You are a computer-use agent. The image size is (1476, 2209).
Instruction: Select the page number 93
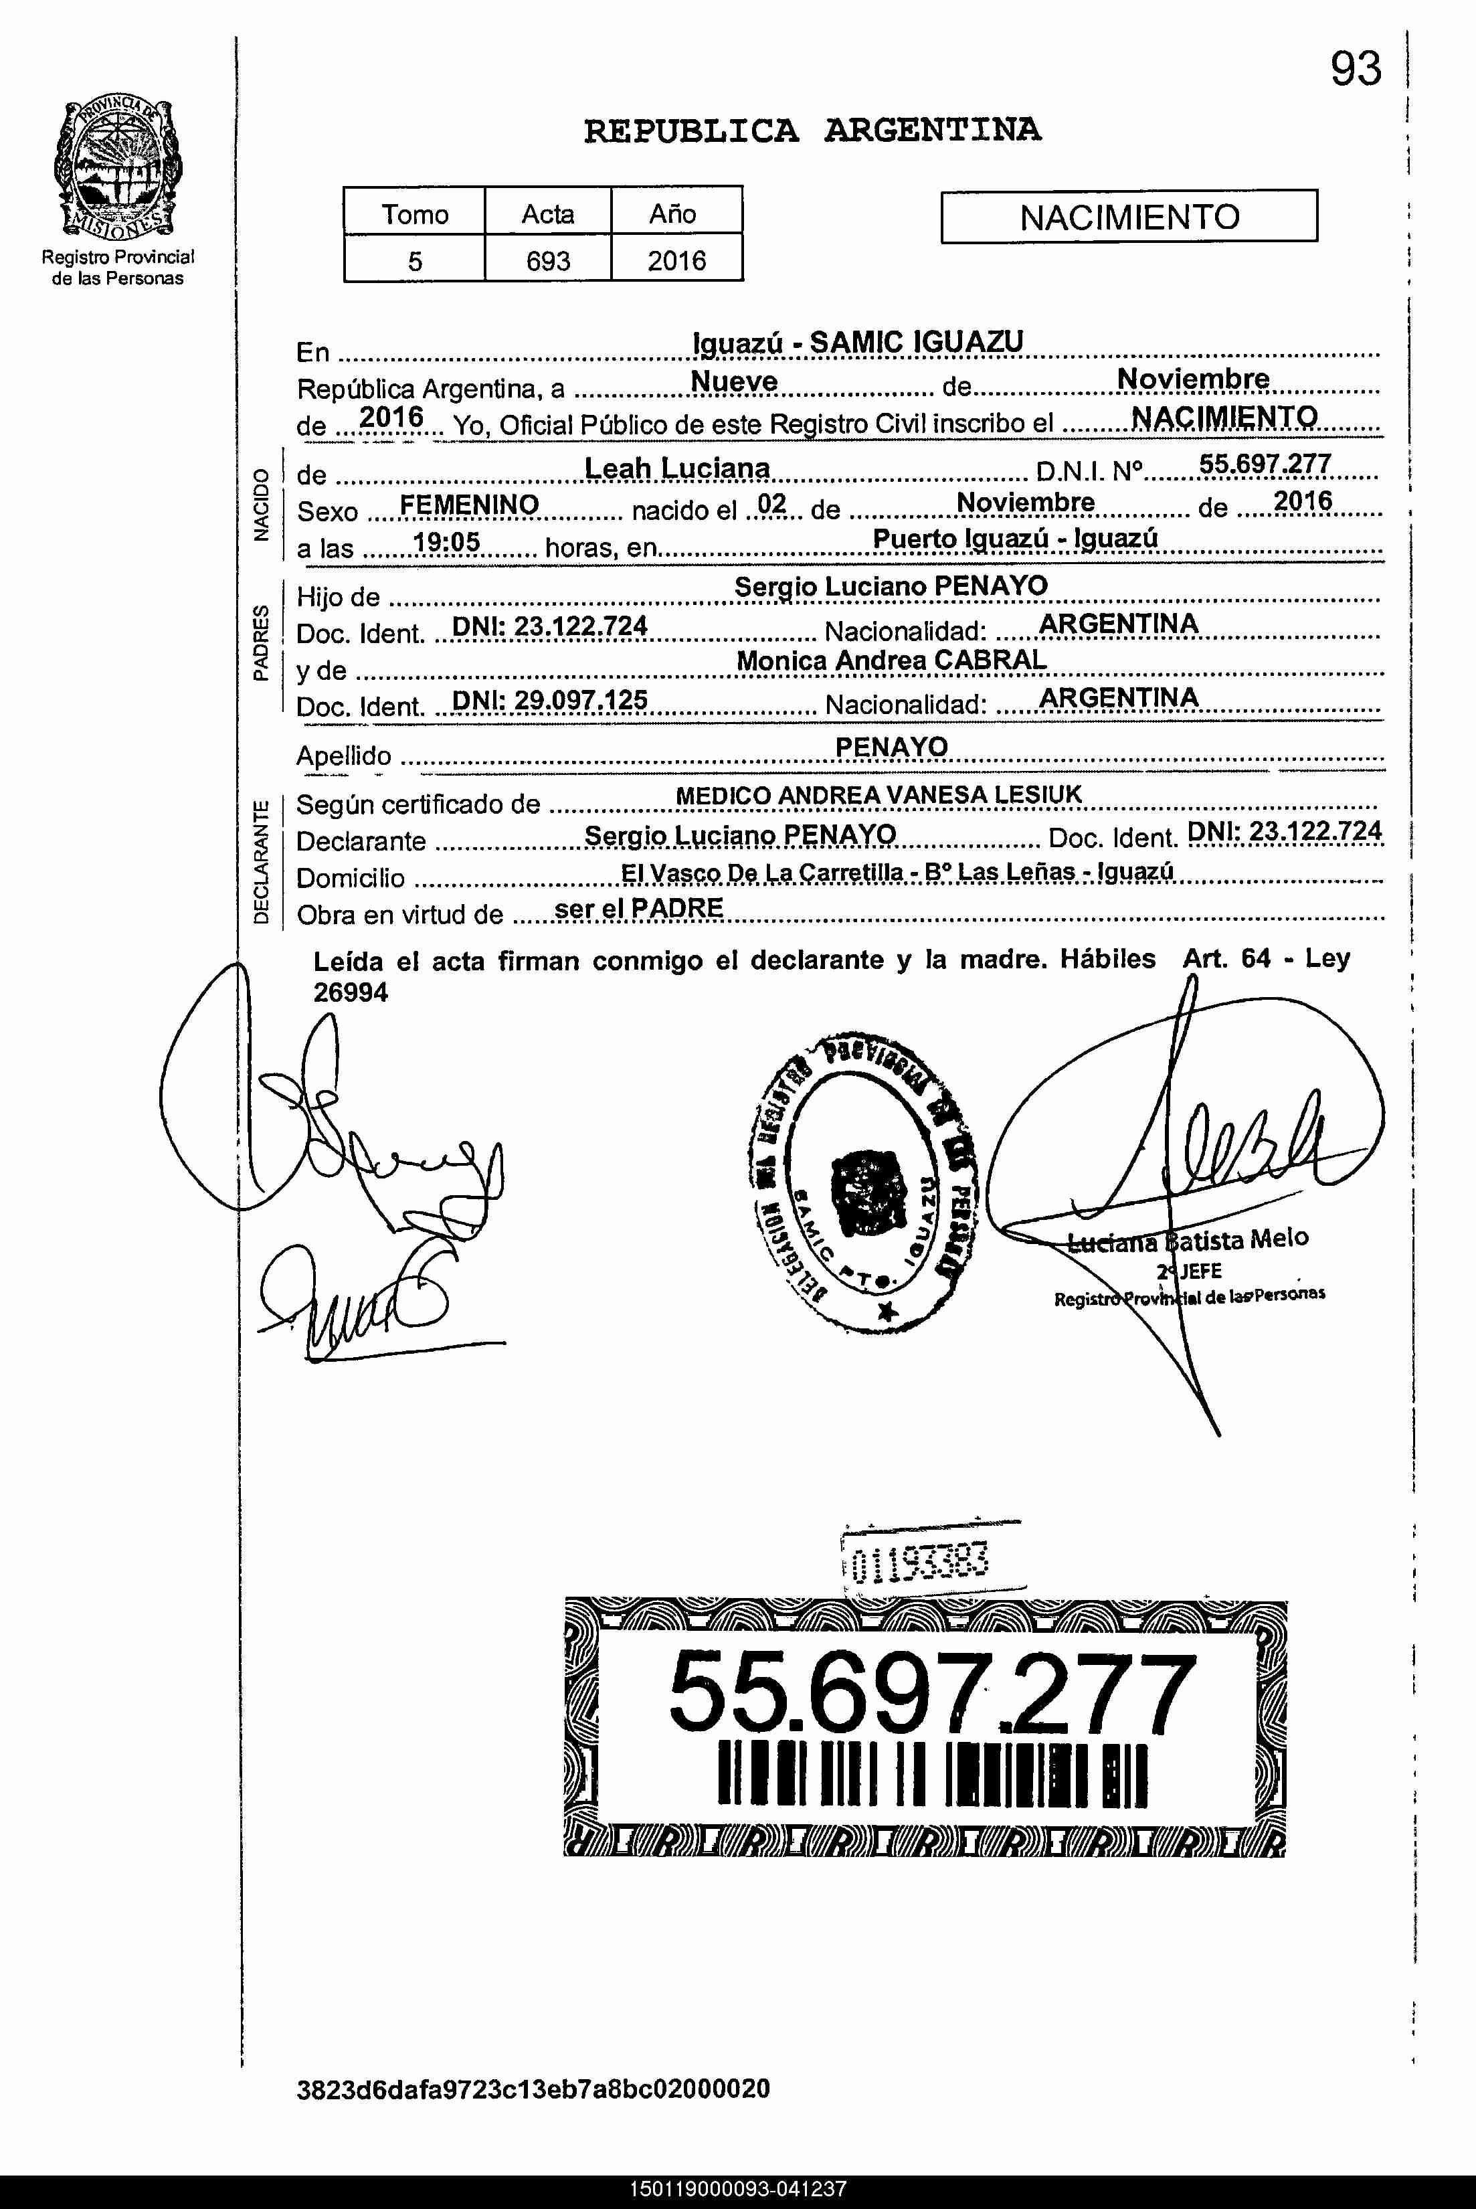(1355, 69)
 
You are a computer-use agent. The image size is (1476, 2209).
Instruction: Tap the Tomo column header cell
(414, 213)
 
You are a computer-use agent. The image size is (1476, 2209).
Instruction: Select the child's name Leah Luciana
(677, 468)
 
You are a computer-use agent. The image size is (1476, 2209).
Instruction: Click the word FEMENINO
(469, 505)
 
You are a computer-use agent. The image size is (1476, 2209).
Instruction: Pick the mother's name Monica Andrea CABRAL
(891, 660)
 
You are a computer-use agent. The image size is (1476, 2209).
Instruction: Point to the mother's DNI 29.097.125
(550, 700)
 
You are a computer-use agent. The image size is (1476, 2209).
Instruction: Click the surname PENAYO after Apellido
(891, 746)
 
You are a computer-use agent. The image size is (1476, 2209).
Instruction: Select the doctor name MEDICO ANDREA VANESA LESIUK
(879, 795)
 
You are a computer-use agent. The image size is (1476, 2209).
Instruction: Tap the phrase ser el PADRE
(639, 908)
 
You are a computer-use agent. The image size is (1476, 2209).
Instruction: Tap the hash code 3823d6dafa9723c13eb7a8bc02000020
(533, 2089)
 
